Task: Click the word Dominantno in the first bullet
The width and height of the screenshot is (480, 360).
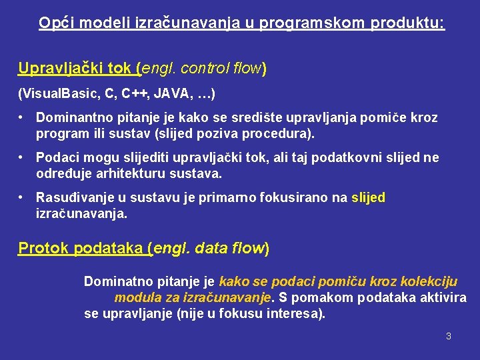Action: [x=73, y=118]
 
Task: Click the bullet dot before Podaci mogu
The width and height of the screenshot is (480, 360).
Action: [x=22, y=157]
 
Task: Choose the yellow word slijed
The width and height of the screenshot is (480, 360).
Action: [x=368, y=198]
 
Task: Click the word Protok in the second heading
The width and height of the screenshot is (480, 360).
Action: [x=44, y=249]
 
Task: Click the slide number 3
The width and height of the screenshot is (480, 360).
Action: [x=449, y=336]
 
